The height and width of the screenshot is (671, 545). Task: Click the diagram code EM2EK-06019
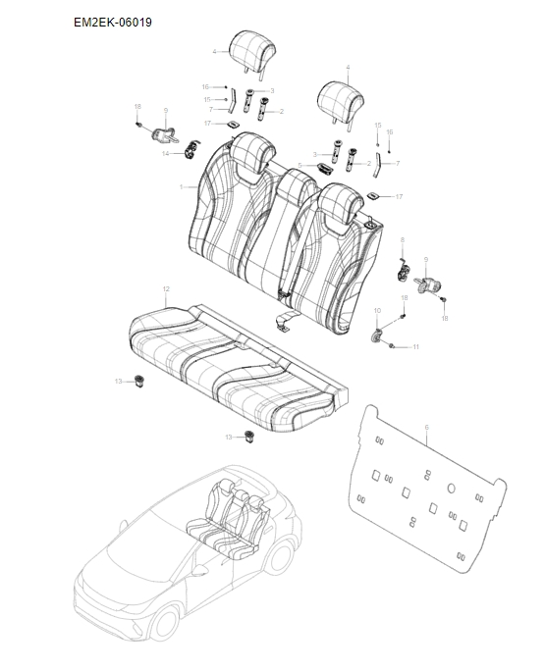coord(113,21)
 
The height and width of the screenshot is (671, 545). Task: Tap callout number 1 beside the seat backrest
coord(181,185)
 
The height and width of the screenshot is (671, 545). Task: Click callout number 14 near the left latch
coord(166,154)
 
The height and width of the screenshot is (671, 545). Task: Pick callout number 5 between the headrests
coord(300,165)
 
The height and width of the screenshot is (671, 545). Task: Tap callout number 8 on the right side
coord(402,239)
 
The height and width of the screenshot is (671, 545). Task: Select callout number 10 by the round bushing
coord(377,310)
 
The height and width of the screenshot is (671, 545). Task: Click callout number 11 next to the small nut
coord(415,347)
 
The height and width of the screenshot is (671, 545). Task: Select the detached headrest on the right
coord(343,99)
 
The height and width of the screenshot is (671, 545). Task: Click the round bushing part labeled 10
coord(377,336)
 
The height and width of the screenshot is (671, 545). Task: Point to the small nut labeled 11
coord(393,345)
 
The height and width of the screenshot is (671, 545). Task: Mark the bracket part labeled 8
coord(403,266)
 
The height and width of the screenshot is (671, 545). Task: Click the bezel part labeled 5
coord(322,167)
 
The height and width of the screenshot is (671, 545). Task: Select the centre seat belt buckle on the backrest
coord(286,291)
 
